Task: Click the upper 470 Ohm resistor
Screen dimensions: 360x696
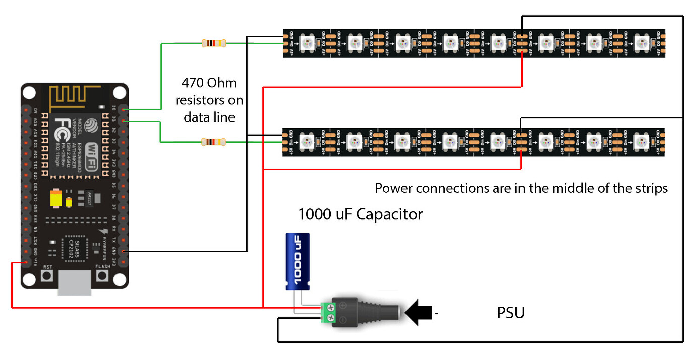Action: coord(213,43)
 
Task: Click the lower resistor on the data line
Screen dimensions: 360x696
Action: coord(213,142)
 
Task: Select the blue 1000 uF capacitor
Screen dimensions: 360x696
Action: coord(298,262)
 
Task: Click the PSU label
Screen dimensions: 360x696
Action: coord(510,313)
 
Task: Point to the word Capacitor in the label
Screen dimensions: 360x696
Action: coord(389,214)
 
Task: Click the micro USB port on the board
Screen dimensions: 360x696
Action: coord(74,283)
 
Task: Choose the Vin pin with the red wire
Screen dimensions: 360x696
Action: coord(24,263)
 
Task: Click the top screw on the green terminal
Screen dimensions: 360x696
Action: coord(329,305)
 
